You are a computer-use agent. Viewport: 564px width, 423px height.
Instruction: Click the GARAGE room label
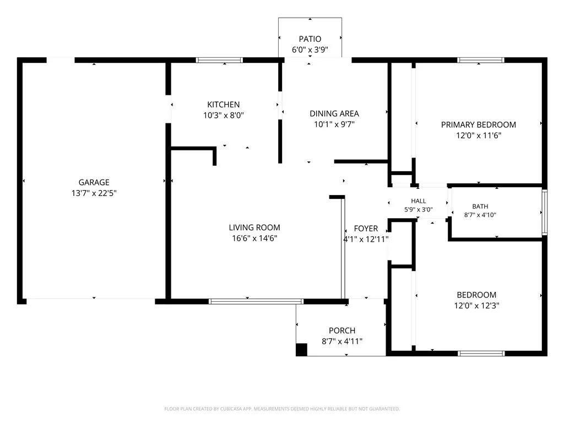94,182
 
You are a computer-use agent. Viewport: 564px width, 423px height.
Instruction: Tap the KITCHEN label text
224,105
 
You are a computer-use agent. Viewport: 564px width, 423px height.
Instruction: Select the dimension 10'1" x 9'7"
334,124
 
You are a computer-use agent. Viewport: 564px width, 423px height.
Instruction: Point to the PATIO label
310,39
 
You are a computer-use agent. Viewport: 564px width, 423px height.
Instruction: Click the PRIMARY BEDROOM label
479,125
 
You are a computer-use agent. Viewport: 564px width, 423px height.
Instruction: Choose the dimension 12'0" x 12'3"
476,306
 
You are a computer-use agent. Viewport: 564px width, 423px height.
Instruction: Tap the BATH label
480,207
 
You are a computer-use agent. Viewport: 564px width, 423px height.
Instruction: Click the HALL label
419,201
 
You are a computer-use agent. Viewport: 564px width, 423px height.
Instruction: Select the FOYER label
366,229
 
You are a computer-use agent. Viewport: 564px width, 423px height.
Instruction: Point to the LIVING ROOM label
254,227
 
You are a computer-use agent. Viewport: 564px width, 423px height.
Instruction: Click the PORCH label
342,330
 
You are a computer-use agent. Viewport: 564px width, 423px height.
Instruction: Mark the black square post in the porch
301,350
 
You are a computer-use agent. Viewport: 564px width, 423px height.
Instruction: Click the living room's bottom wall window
256,301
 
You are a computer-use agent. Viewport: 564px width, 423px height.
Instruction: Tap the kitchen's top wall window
219,60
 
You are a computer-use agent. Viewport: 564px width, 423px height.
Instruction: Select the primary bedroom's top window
480,60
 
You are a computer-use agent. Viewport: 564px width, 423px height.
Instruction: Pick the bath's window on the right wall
545,212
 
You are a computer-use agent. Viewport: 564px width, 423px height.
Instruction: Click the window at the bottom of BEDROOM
481,354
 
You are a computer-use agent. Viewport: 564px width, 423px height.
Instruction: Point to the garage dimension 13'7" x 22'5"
94,193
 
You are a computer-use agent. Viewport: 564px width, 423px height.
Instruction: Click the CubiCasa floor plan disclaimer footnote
282,409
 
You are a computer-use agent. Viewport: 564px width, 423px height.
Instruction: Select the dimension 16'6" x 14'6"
254,238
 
